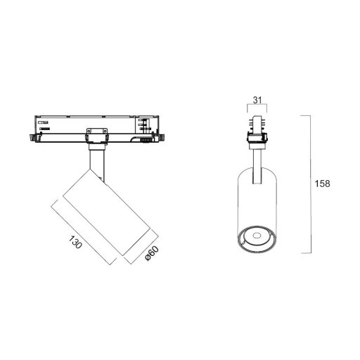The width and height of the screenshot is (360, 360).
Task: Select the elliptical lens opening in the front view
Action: (257, 238)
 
